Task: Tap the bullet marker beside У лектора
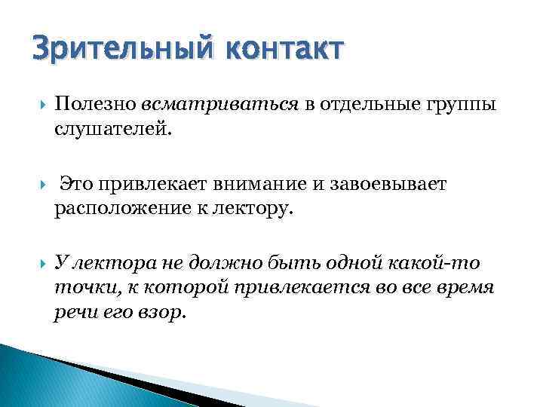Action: click(38, 262)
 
